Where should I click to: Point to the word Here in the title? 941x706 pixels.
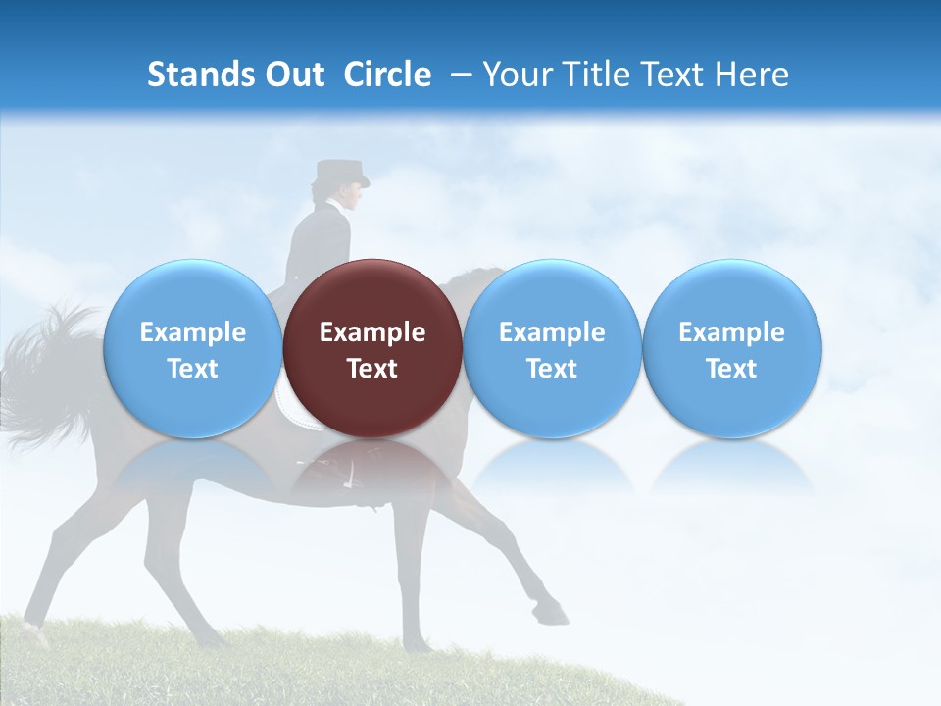751,75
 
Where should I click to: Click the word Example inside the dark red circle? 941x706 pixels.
372,332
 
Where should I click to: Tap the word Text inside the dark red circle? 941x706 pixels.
372,369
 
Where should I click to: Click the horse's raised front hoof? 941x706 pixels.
555,615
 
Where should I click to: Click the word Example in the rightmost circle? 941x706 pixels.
731,332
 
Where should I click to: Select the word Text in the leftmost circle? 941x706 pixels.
192,369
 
